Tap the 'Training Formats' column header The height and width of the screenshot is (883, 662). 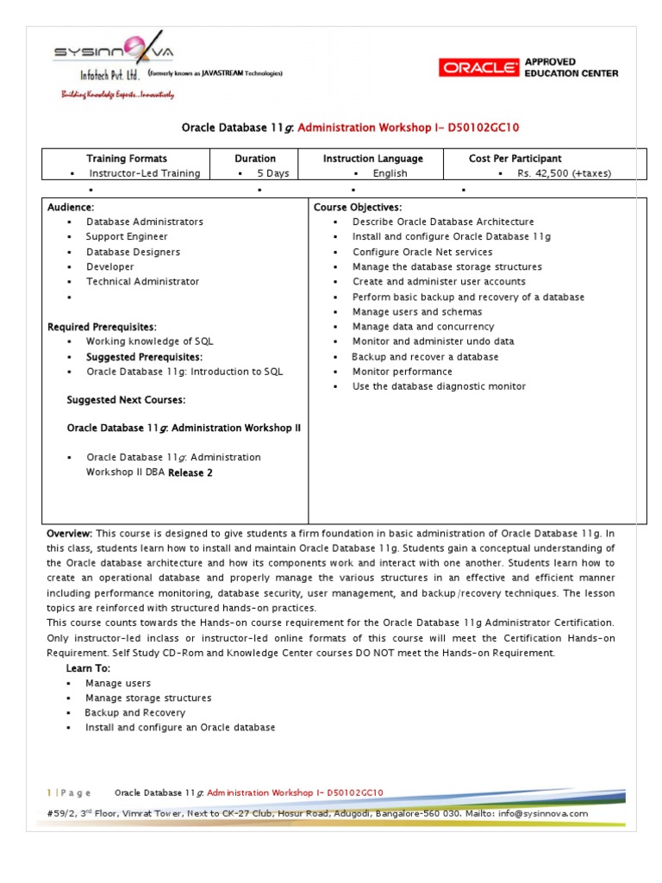click(127, 159)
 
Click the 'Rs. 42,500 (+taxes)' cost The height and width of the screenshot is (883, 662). click(564, 173)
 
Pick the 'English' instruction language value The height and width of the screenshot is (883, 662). click(390, 173)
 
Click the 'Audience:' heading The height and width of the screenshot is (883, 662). click(71, 208)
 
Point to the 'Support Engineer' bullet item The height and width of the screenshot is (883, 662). click(127, 236)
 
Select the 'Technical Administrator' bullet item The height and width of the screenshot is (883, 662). click(142, 281)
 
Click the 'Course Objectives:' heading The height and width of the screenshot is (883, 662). click(358, 208)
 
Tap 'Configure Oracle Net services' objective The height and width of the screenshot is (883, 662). click(422, 252)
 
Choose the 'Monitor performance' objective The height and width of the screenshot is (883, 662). click(402, 372)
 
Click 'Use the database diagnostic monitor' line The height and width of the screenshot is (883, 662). click(439, 386)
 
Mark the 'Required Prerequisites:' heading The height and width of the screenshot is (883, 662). click(102, 327)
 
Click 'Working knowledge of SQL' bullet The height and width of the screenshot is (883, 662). click(149, 341)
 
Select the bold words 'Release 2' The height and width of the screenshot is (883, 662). click(190, 473)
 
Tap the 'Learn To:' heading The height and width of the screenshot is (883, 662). click(88, 668)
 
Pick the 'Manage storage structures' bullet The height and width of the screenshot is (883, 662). click(148, 698)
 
